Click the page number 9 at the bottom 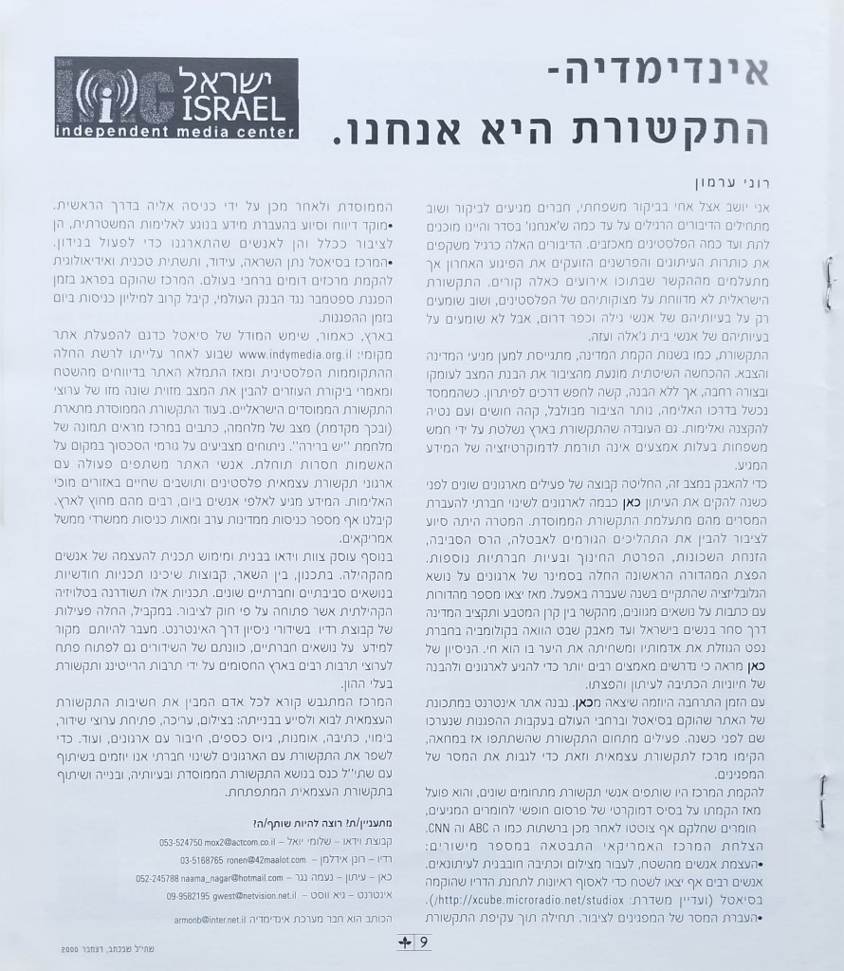tap(424, 943)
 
